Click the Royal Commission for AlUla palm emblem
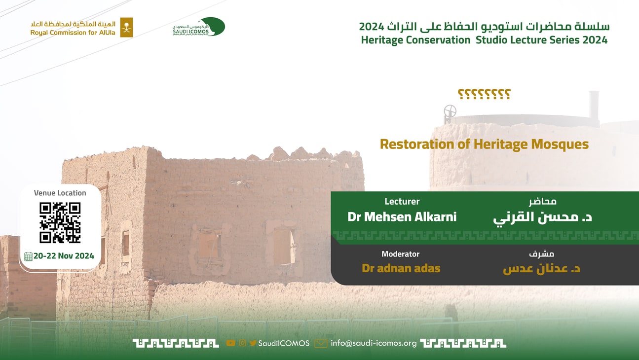point(126,27)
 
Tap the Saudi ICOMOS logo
point(199,27)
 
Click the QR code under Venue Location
point(60,222)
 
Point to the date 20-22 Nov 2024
point(64,256)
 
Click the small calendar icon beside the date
point(28,256)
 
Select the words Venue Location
point(60,193)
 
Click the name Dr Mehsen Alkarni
point(402,217)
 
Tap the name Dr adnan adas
point(401,268)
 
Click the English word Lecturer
point(402,202)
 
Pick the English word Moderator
point(401,254)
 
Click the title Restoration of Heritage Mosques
point(484,144)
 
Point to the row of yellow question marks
point(484,94)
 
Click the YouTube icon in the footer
point(230,343)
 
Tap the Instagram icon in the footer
point(242,343)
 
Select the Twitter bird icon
point(253,343)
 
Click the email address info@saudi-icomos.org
point(374,343)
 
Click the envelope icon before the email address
point(321,343)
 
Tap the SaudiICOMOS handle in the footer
point(284,343)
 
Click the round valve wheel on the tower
point(450,111)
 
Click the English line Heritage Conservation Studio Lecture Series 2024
point(484,40)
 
